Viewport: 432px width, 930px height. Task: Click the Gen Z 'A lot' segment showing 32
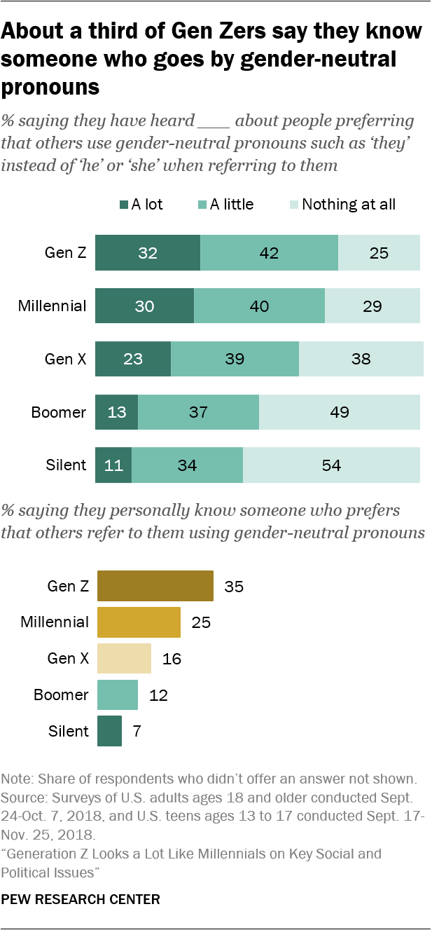click(148, 253)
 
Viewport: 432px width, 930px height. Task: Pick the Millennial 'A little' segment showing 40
click(259, 306)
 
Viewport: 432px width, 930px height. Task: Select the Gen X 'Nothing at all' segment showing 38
click(361, 359)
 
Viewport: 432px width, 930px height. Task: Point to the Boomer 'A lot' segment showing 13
click(116, 411)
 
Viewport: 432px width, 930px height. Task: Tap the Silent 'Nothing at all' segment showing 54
click(331, 465)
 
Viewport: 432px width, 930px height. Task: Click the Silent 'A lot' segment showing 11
click(113, 465)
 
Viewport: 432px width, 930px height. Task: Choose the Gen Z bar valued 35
click(155, 586)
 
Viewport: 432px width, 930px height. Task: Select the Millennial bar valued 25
click(139, 622)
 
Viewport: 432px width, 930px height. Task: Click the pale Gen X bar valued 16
click(124, 659)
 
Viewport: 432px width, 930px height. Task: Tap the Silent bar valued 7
click(109, 731)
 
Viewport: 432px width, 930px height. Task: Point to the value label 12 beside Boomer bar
click(158, 695)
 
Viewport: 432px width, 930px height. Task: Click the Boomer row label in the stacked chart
click(60, 411)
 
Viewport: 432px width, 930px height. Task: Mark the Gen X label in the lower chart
click(68, 659)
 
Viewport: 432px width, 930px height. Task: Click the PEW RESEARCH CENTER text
click(81, 898)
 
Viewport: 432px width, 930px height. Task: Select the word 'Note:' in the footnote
click(18, 779)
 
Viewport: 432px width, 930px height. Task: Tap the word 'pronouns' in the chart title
click(50, 87)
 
